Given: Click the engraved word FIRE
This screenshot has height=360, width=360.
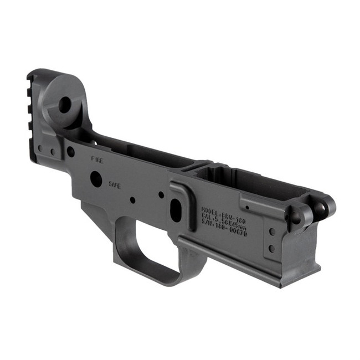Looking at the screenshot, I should [97, 158].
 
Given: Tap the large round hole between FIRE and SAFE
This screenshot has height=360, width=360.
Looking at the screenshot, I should [96, 178].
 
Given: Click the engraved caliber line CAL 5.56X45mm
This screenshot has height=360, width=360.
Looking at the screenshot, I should [225, 222].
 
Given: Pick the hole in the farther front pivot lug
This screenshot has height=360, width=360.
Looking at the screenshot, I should [320, 207].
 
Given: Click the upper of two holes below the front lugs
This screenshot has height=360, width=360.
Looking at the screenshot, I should [271, 232].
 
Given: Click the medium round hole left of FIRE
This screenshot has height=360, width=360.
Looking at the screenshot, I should [70, 150].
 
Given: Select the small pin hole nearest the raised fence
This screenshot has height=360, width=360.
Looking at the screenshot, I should [161, 195].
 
